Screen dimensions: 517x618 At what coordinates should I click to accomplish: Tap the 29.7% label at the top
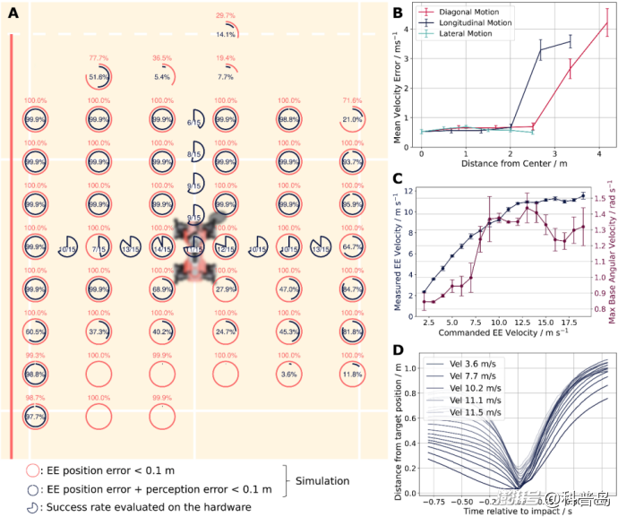coord(227,16)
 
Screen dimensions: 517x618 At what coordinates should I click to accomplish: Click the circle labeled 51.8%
coord(99,78)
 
